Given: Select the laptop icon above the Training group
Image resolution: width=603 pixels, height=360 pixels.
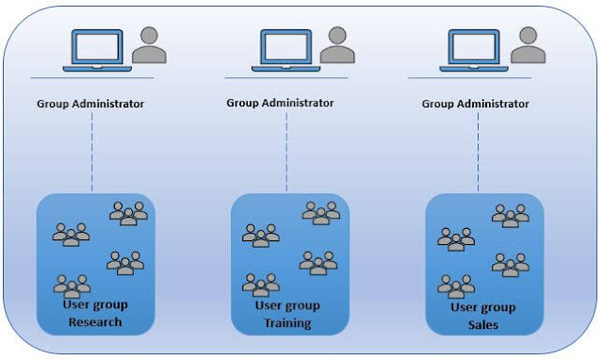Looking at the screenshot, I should pos(283,47).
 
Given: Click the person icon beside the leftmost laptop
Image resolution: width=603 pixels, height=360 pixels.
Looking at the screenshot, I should pos(149,45).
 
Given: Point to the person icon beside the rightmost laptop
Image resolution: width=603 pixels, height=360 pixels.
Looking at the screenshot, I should pos(529,45).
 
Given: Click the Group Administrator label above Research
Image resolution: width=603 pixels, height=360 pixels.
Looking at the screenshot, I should pos(90,104).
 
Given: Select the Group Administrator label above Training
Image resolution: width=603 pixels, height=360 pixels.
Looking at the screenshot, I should pos(280,102).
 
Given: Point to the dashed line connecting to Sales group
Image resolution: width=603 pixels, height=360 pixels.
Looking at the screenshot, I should pos(478,153).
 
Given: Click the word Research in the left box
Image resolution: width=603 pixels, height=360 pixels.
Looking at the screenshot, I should pos(95,322).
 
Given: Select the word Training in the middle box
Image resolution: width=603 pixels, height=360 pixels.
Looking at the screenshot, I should pos(287,323).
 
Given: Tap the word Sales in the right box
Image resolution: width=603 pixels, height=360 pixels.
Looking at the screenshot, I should pos(482,324).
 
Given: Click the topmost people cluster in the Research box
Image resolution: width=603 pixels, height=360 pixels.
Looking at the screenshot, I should pos(128,214).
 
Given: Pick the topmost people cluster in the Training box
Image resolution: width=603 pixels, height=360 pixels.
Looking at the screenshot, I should pos(320,213).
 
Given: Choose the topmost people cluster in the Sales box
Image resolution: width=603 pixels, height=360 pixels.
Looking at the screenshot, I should pos(510,216).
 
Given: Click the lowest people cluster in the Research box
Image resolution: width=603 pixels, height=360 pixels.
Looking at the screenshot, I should pos(72,285).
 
